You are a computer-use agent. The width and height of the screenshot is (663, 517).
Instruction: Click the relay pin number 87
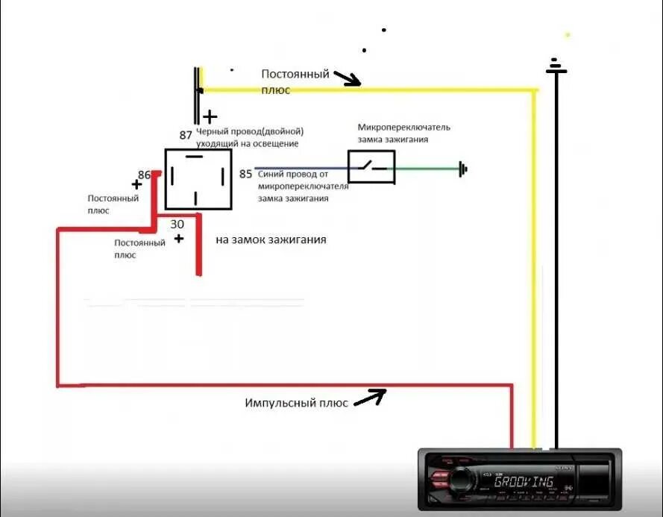click(186, 135)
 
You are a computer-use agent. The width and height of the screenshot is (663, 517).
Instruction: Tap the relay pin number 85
click(245, 175)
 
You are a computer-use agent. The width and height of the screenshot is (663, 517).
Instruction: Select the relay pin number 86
click(144, 175)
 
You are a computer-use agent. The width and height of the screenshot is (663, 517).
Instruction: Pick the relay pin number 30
click(177, 224)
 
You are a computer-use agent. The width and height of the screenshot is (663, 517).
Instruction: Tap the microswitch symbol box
click(371, 167)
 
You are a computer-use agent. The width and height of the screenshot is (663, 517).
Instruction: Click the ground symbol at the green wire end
click(463, 169)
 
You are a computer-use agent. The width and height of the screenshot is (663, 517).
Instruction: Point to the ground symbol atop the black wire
click(556, 67)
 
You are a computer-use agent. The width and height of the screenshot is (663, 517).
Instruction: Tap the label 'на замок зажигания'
click(271, 240)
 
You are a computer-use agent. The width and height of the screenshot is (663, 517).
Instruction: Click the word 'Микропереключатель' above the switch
click(403, 127)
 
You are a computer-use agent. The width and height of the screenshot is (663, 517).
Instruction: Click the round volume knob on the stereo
click(458, 481)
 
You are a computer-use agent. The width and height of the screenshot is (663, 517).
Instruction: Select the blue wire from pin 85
click(301, 169)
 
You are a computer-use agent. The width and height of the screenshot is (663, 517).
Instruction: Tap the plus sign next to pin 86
click(136, 184)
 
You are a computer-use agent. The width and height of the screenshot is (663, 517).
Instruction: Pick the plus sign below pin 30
click(179, 239)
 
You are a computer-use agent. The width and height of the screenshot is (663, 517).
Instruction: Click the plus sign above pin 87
click(210, 116)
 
